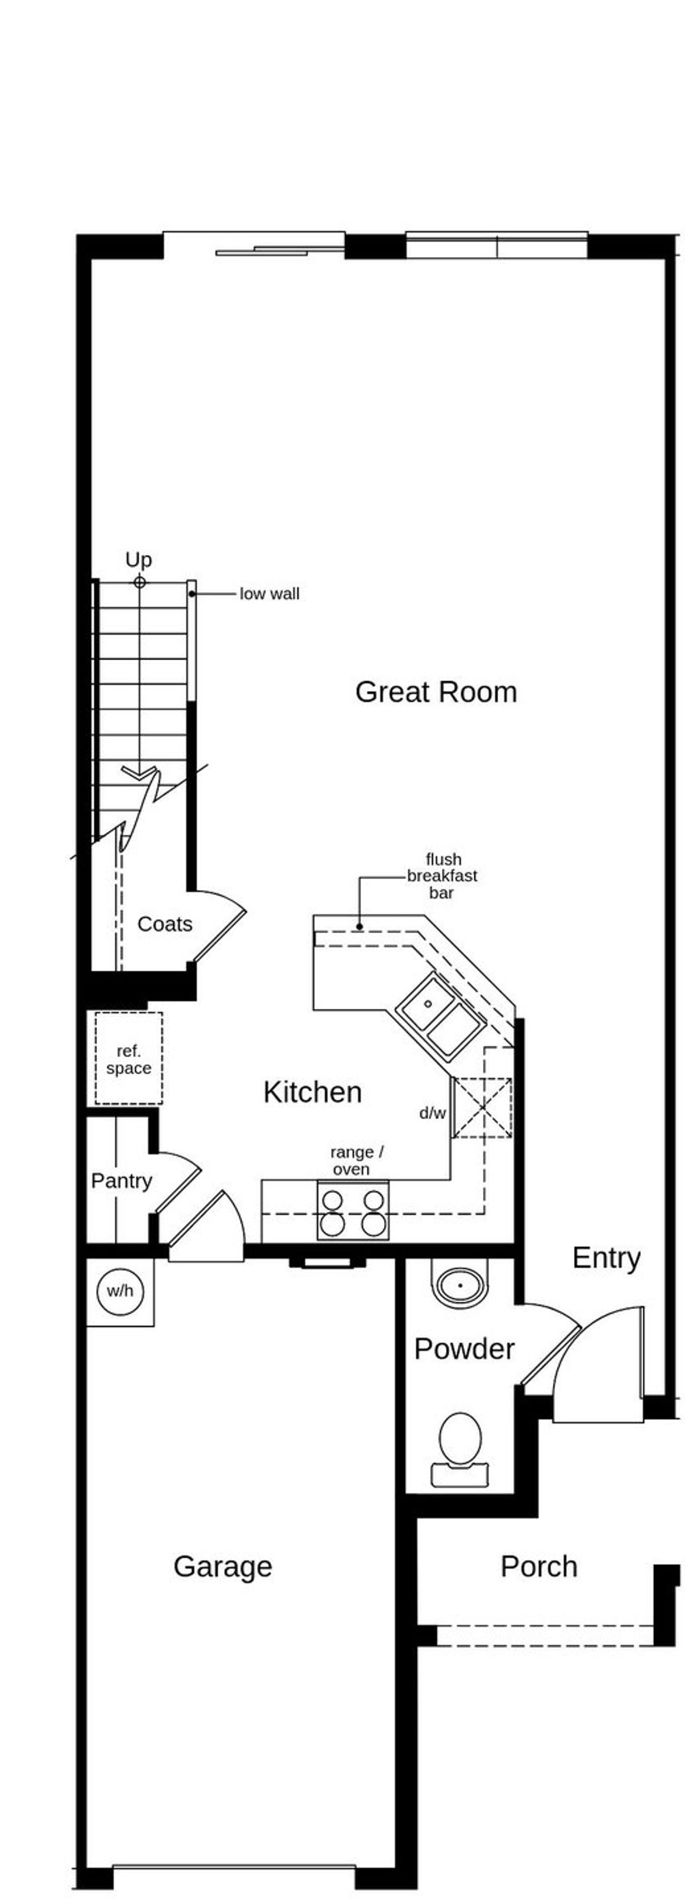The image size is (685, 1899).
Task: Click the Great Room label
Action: click(436, 692)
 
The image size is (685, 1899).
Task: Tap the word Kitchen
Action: click(312, 1092)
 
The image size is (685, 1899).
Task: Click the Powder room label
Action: click(464, 1348)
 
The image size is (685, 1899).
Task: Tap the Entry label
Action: click(605, 1258)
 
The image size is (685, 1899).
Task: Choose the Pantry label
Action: click(121, 1180)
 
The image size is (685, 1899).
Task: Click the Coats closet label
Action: click(164, 924)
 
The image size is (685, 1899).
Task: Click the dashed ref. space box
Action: click(128, 1059)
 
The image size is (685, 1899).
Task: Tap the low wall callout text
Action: click(269, 594)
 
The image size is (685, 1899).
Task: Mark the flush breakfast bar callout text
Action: click(443, 876)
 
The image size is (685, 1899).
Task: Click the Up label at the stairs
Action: click(139, 559)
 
